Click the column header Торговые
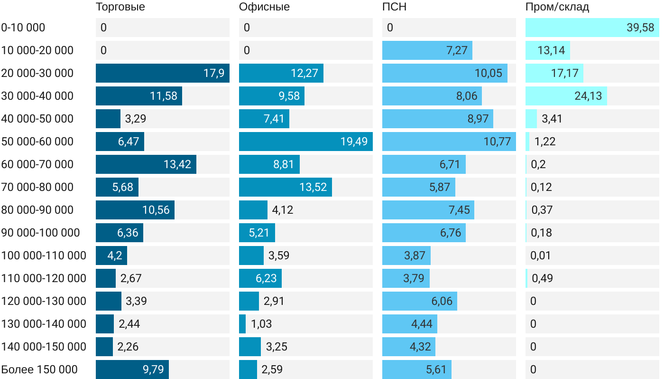[120, 7]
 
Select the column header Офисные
[264, 7]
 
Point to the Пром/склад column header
[557, 7]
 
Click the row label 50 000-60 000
[37, 142]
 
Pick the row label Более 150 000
[39, 370]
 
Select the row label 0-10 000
[23, 28]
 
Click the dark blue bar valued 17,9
[162, 73]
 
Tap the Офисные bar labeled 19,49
[305, 142]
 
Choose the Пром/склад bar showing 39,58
[592, 28]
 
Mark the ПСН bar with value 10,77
[449, 142]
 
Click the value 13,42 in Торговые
[177, 164]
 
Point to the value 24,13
[588, 96]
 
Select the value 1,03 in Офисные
[261, 324]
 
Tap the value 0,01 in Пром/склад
[541, 256]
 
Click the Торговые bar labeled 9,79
[132, 370]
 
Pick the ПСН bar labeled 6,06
[419, 301]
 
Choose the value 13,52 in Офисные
[313, 187]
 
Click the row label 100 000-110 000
[44, 256]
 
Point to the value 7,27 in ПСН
[457, 50]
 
